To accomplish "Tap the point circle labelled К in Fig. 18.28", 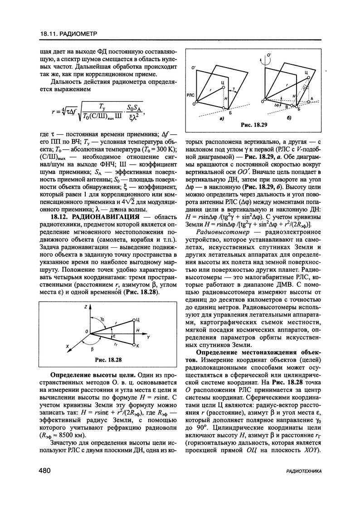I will click(x=134, y=345).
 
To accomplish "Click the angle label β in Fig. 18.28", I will click(x=92, y=350).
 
